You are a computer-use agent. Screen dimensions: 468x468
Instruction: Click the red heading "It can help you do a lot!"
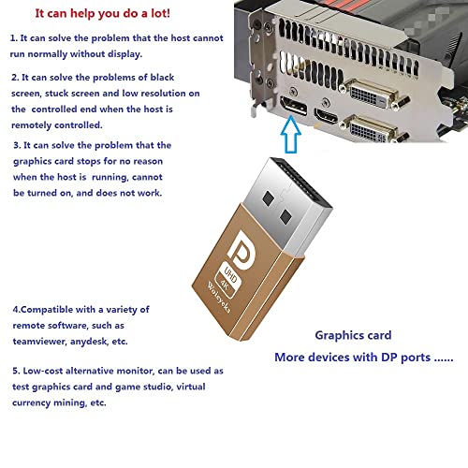[x=103, y=14]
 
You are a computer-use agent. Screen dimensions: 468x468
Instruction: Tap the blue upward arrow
[x=291, y=134]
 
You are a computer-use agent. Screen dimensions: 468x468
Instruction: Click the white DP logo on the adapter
[x=241, y=251]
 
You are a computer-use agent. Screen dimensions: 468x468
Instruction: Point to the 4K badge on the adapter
[x=226, y=285]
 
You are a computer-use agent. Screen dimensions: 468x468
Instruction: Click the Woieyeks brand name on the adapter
[x=219, y=298]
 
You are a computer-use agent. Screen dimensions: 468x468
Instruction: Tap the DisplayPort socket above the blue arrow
[x=293, y=106]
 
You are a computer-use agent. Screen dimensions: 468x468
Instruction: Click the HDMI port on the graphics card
[x=326, y=116]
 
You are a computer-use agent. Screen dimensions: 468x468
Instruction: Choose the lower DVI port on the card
[x=372, y=129]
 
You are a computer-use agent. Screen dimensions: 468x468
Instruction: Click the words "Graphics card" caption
[x=353, y=335]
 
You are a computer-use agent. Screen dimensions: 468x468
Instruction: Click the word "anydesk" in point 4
[x=89, y=342]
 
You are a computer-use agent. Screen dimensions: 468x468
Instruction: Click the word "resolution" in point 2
[x=163, y=94]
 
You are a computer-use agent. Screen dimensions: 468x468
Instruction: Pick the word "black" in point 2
[x=162, y=78]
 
